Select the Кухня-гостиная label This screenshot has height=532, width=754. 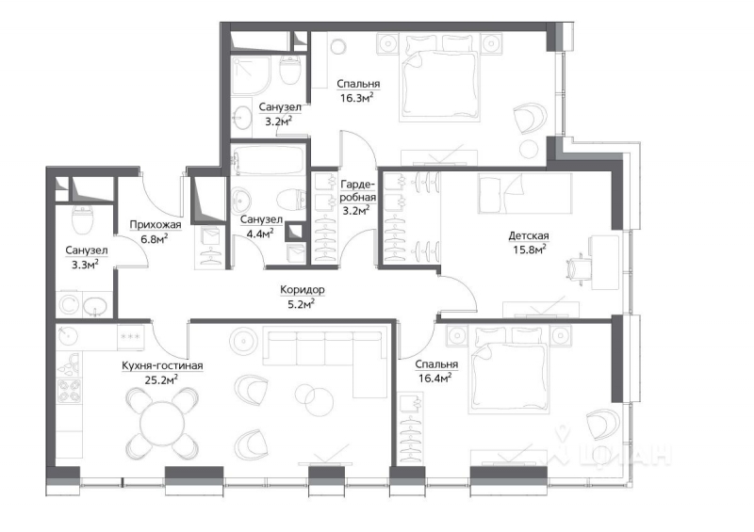[x=163, y=365]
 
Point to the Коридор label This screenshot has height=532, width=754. [x=302, y=289]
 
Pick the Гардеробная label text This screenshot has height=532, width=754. [x=358, y=191]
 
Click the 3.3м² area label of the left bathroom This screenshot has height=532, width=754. [x=86, y=265]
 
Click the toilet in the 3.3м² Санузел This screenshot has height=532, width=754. [x=82, y=219]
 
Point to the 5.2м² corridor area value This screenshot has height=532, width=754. [x=302, y=303]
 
